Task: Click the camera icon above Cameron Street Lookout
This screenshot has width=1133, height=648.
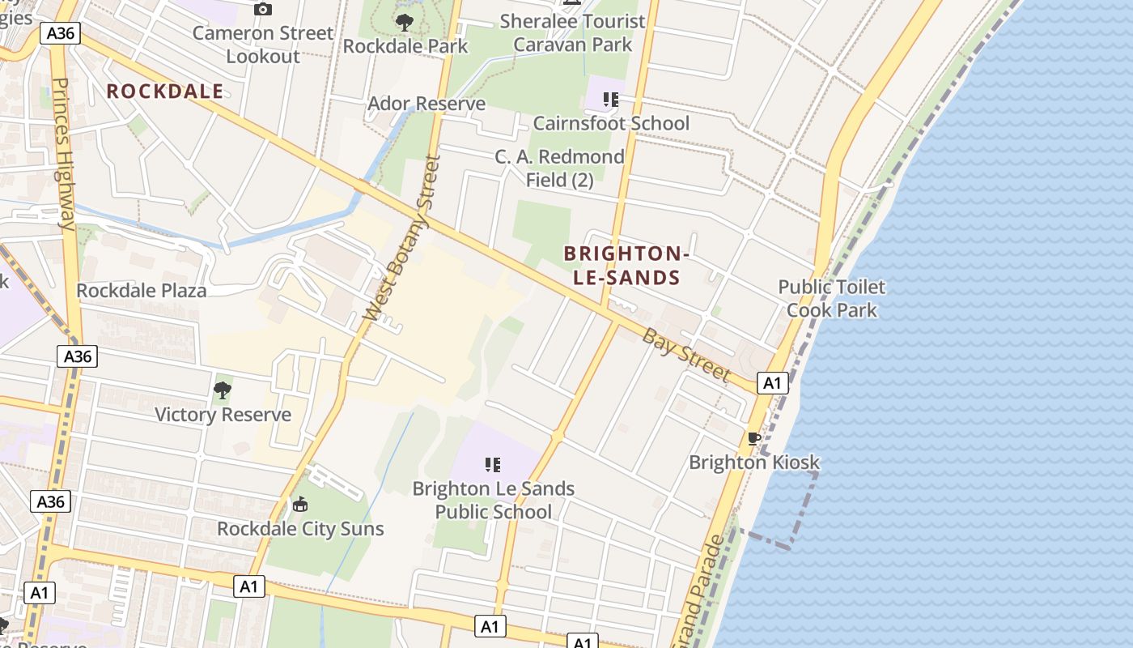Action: coord(263,10)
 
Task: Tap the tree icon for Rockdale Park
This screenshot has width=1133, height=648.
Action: coord(404,23)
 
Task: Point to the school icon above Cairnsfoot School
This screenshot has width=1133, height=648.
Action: coord(611,100)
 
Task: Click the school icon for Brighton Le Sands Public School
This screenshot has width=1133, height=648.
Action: coord(493,465)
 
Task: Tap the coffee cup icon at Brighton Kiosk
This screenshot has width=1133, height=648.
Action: coord(754,439)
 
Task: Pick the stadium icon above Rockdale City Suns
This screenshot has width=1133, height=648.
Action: coord(300,505)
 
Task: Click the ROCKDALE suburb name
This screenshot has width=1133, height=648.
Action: coord(165,92)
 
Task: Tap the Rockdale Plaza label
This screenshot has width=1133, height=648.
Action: coord(142,290)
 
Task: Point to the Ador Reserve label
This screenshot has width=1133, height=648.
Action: coord(426,104)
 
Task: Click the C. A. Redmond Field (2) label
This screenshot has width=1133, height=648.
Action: coord(560,168)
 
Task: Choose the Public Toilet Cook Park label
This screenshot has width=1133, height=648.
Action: coord(832,298)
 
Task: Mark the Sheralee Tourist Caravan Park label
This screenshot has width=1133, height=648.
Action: coord(573,32)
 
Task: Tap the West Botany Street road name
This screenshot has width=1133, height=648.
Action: coord(401,237)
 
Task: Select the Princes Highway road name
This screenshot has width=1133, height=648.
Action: coord(64,154)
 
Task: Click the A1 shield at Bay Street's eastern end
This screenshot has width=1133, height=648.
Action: coord(773,382)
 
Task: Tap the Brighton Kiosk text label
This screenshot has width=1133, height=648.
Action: coord(754,463)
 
